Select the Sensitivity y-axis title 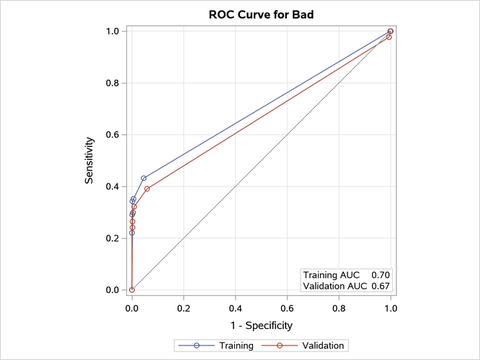tap(89, 160)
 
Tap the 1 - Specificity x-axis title tap(261, 325)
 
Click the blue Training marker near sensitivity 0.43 tap(143, 178)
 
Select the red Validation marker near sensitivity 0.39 tap(147, 189)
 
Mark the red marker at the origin tap(132, 289)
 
